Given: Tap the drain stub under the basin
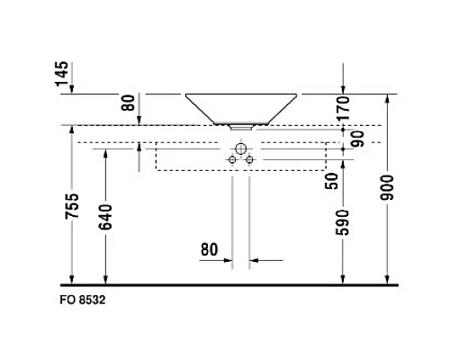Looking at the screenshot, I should (241, 127).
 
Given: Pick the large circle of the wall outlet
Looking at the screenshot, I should (240, 148).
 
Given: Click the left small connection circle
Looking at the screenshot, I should (232, 159).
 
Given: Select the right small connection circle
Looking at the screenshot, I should (249, 159).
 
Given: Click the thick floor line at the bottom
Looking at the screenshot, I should (234, 282).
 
